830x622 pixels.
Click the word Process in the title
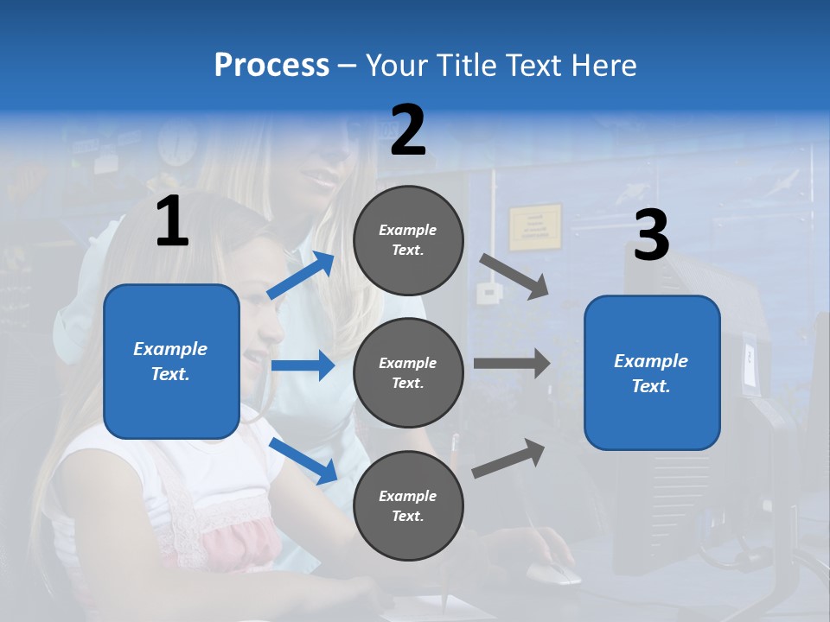point(271,66)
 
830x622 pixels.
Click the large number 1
point(172,222)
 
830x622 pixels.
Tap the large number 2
point(408,130)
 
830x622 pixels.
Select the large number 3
point(651,235)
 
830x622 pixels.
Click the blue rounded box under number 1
point(171,361)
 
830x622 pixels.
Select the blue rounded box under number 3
point(652,373)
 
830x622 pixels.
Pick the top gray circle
point(408,240)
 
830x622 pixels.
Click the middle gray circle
point(408,372)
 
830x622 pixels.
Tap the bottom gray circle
point(408,505)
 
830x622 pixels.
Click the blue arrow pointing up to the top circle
point(301,275)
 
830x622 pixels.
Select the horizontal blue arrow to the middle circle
point(303,365)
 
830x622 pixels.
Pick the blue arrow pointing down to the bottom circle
point(303,460)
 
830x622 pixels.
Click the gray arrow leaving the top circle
point(514,276)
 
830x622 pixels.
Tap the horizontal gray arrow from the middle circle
point(511,363)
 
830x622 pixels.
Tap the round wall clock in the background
point(178,143)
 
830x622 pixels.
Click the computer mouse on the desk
point(552,572)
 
